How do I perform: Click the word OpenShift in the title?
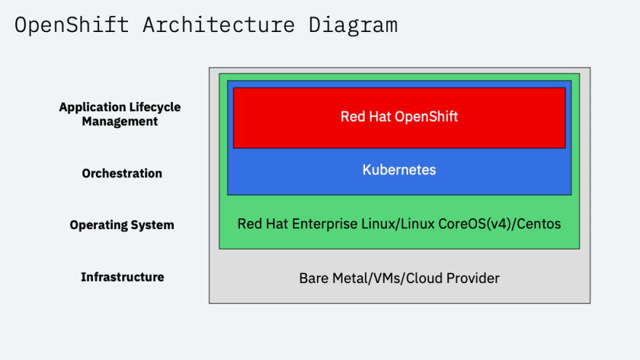click(x=71, y=25)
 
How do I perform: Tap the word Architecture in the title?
click(x=218, y=25)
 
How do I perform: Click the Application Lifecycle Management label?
click(x=120, y=114)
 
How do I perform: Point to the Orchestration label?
click(x=122, y=174)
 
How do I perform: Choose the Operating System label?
click(x=122, y=225)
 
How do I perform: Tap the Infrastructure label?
click(x=122, y=277)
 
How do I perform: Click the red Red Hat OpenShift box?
click(x=399, y=118)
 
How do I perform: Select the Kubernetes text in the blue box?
click(x=399, y=169)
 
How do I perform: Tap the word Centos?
click(x=539, y=224)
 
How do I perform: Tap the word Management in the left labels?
click(x=120, y=121)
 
